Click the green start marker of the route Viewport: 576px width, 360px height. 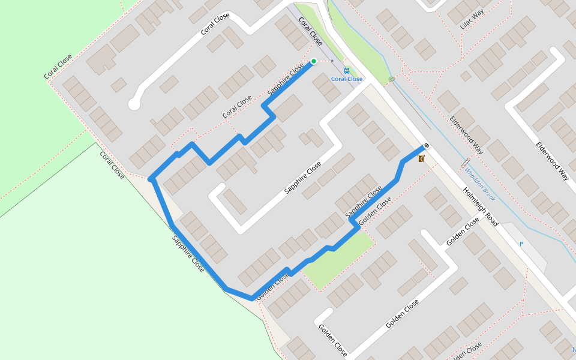coord(313,61)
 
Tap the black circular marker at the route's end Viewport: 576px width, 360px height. coord(426,145)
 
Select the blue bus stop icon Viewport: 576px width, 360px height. coord(347,70)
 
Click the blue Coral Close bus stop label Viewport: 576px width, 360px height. coord(347,79)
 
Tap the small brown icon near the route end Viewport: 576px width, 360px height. coord(421,158)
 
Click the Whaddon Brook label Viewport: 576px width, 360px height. coord(479,184)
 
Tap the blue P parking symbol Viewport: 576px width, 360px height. coord(521,244)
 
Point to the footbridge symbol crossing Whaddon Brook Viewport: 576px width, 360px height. coord(465,163)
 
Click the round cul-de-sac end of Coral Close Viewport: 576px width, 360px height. coord(134,104)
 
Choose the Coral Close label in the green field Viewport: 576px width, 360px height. coord(58,67)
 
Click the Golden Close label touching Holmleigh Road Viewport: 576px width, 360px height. coord(463,232)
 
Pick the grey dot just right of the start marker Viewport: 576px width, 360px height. coord(332,61)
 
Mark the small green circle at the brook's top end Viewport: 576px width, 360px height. coord(392,79)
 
